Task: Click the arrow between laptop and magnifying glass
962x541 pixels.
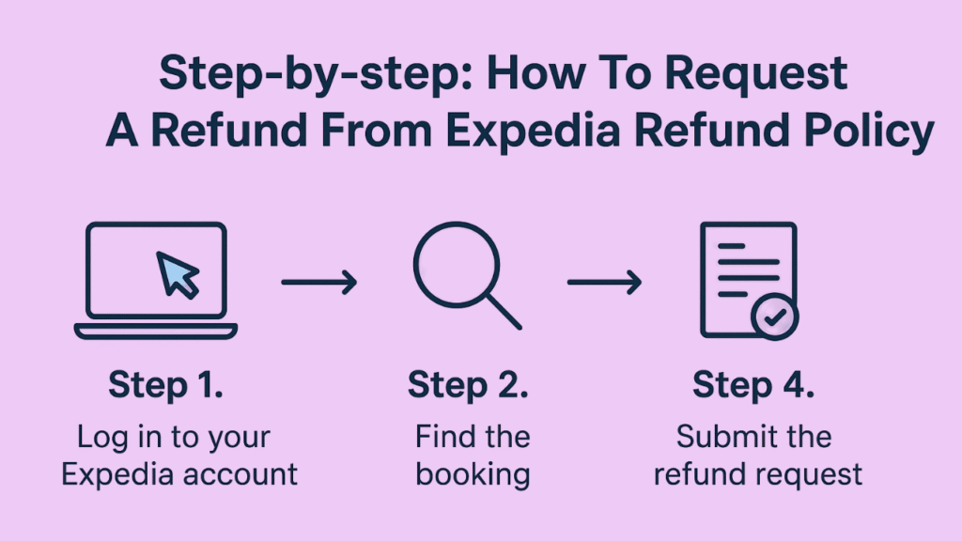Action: click(319, 281)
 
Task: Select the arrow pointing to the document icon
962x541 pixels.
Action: click(604, 281)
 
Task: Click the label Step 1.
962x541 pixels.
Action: click(165, 385)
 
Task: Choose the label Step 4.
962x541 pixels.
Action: click(753, 385)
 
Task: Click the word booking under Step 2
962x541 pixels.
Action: click(473, 474)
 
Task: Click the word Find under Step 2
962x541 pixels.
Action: click(440, 437)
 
